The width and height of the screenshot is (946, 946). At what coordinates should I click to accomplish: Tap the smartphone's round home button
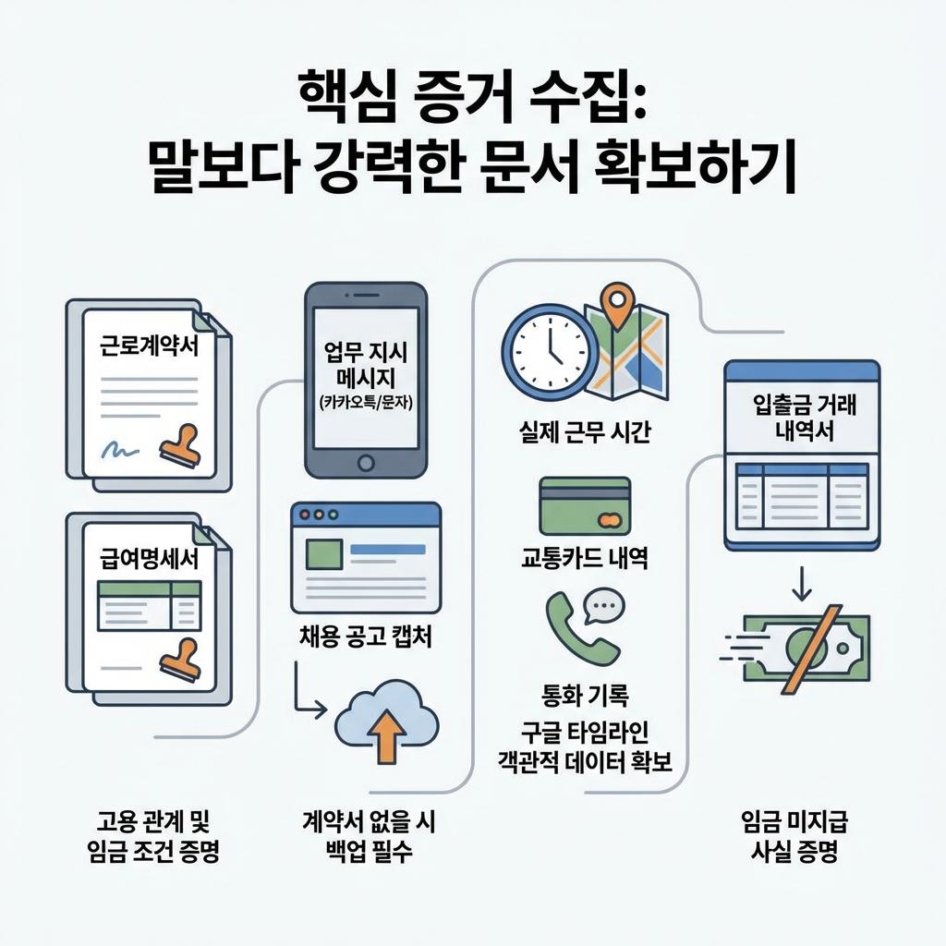point(365,462)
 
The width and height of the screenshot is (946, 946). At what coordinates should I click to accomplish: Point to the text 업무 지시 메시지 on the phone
point(366,366)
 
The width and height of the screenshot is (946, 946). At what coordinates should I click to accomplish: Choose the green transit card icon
point(584,506)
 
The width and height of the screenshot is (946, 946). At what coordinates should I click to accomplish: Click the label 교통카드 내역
point(584,558)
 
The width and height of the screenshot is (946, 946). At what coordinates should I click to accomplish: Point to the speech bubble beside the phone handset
point(605,605)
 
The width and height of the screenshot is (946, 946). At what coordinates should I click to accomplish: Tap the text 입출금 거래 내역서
point(802,418)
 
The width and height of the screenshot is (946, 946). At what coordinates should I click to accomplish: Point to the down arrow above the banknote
point(801,581)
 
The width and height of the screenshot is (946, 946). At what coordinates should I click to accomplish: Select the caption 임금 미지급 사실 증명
point(795,835)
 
